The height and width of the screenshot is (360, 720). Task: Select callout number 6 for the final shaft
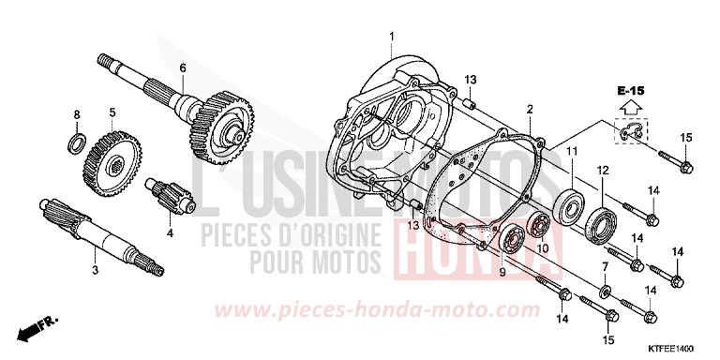click(x=183, y=67)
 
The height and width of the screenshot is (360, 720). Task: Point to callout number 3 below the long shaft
click(x=95, y=271)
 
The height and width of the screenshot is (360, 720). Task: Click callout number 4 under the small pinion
click(x=170, y=232)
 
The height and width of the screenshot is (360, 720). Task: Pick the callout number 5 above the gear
click(x=112, y=112)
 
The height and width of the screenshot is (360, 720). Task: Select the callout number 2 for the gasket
click(x=530, y=110)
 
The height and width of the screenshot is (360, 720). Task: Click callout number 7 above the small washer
click(x=603, y=268)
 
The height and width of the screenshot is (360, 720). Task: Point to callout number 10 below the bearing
click(x=541, y=248)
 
